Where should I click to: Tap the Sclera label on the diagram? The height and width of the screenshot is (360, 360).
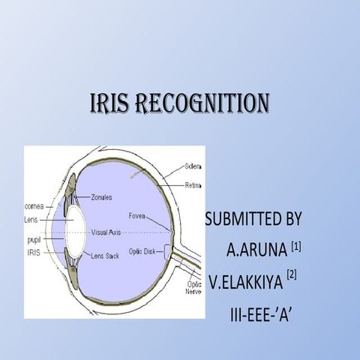point(196,165)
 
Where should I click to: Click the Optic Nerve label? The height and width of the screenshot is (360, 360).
point(193,289)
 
